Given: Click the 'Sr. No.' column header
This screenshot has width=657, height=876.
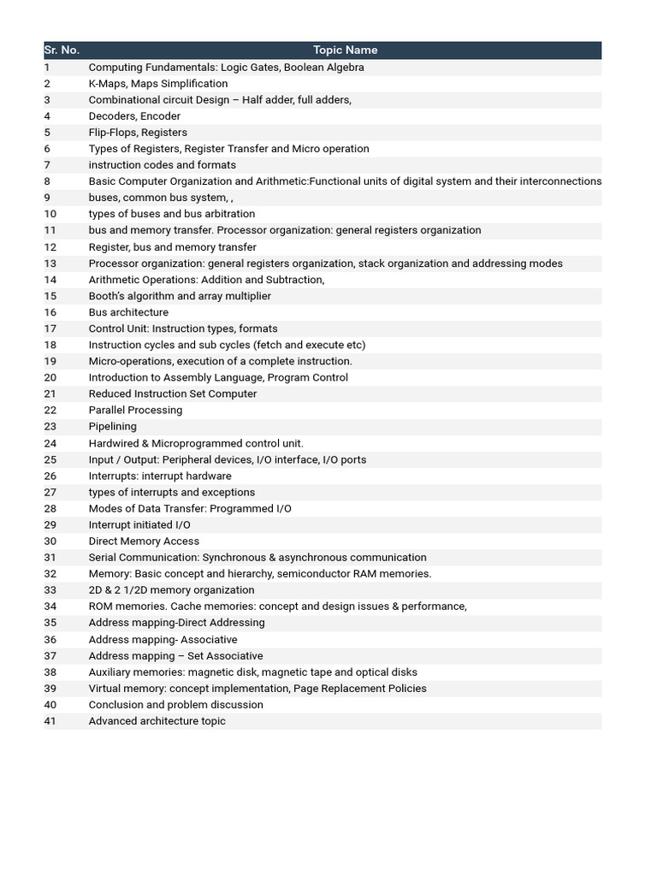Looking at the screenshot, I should click(x=62, y=50).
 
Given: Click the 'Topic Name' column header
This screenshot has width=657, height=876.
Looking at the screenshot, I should click(x=345, y=50).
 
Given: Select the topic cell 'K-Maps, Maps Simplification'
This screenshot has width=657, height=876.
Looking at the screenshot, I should click(x=158, y=84).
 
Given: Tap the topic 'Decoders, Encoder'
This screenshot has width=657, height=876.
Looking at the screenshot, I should click(x=134, y=116).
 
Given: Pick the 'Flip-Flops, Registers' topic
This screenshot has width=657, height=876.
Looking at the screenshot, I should click(x=138, y=133).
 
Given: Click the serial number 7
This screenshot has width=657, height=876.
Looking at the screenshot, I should click(x=47, y=165).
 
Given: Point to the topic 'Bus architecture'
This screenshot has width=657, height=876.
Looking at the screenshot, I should click(x=128, y=312).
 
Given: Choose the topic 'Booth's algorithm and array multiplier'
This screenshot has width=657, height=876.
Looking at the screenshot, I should click(x=180, y=296).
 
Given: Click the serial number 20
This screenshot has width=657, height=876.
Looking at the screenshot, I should click(x=50, y=377).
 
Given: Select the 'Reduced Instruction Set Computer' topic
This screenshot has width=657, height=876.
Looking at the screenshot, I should click(x=173, y=394).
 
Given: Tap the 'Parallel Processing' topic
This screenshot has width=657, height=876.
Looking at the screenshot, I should click(x=135, y=410).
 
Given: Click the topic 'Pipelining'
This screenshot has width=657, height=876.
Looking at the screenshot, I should click(x=112, y=426).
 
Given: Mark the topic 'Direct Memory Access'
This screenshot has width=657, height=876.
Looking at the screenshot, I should click(x=144, y=541).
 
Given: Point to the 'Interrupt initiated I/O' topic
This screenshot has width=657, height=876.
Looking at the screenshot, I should click(x=139, y=524).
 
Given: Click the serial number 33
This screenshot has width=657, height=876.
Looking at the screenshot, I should click(x=50, y=590).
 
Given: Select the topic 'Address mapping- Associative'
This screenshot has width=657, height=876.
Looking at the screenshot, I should click(x=163, y=639).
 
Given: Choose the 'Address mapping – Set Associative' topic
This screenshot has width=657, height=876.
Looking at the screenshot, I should click(x=175, y=656).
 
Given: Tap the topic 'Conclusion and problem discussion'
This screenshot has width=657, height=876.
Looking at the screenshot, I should click(x=175, y=705).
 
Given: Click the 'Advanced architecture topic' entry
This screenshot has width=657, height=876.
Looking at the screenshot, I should click(x=157, y=721).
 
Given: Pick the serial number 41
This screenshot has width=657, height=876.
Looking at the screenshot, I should click(x=50, y=721).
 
